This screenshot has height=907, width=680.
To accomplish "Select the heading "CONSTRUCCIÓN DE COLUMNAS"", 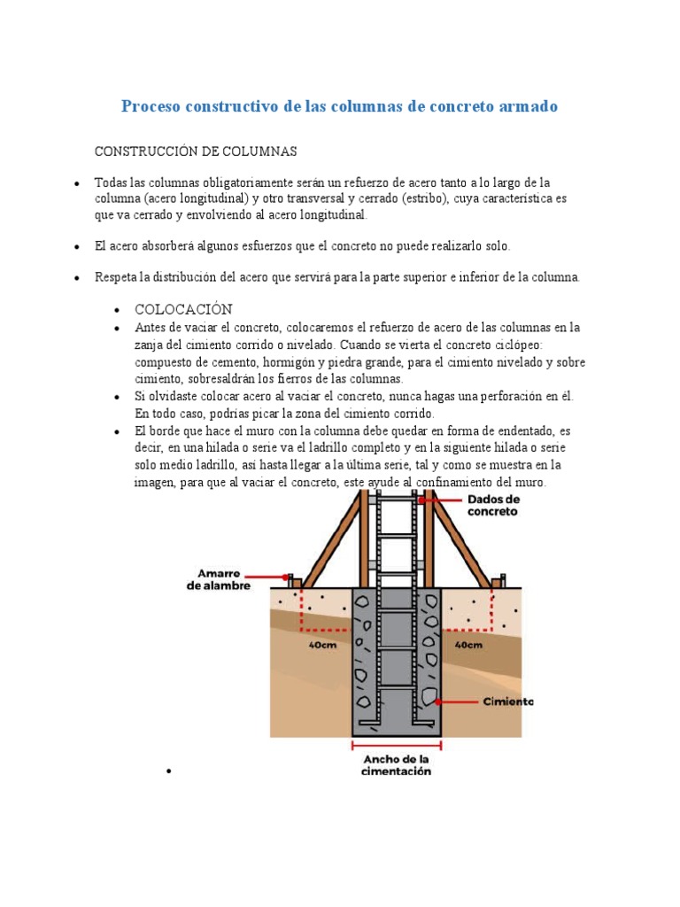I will click(x=196, y=151).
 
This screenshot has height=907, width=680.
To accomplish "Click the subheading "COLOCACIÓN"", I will click(x=183, y=309).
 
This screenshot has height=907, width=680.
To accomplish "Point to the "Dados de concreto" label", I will click(x=493, y=505).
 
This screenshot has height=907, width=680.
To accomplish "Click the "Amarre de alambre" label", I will click(x=219, y=579).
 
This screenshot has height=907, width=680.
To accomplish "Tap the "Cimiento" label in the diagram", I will click(x=508, y=702).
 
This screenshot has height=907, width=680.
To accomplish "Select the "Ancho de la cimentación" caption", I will click(x=397, y=765).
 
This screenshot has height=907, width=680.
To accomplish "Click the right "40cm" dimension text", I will click(x=467, y=645).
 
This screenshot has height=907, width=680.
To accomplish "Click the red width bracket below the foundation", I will click(x=397, y=745).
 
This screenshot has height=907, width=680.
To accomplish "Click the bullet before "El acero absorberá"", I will click(x=78, y=246).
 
